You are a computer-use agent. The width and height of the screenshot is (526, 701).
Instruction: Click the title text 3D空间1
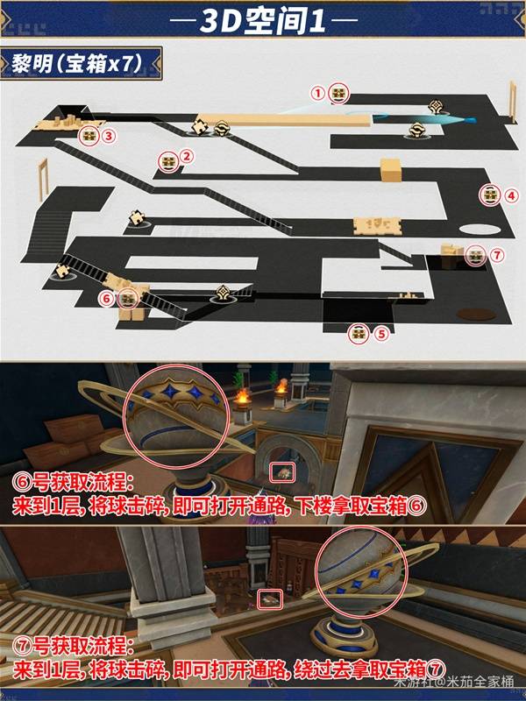click(x=262, y=20)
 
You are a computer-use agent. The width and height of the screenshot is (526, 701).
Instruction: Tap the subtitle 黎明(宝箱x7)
click(x=76, y=64)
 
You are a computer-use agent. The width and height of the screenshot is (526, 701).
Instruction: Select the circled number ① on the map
click(x=317, y=94)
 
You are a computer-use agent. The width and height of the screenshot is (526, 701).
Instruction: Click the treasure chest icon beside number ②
click(x=169, y=162)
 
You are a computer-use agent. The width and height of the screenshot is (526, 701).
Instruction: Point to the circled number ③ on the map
click(x=109, y=136)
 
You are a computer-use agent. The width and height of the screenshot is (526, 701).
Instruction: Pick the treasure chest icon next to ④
click(x=490, y=195)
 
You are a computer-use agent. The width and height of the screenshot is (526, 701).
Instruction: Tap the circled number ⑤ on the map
click(x=381, y=334)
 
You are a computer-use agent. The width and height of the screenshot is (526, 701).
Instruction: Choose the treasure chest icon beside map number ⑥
click(x=128, y=298)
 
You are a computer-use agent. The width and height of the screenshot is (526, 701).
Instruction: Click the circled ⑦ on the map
click(x=497, y=255)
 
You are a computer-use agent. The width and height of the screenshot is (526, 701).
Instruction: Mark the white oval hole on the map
click(x=480, y=230)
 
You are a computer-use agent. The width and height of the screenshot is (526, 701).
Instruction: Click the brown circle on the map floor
click(x=476, y=315)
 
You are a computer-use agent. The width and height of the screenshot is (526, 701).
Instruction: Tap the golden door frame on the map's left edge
click(x=43, y=180)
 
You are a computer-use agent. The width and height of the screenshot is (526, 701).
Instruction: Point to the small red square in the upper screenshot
click(x=283, y=473)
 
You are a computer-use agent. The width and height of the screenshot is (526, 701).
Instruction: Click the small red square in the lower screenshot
click(x=271, y=599)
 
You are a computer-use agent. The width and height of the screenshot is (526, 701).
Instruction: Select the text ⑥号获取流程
click(x=73, y=484)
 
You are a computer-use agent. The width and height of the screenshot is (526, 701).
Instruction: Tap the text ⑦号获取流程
click(x=73, y=647)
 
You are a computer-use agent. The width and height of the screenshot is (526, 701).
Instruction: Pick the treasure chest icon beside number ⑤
click(x=359, y=334)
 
